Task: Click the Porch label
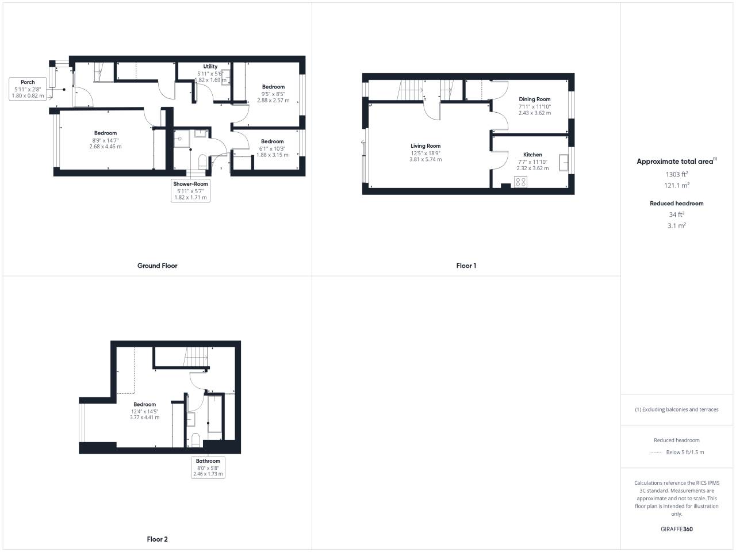pyautogui.click(x=28, y=82)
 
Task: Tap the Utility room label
pyautogui.click(x=210, y=66)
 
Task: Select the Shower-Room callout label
pyautogui.click(x=190, y=183)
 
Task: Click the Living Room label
pyautogui.click(x=425, y=146)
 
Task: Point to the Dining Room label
pyautogui.click(x=535, y=99)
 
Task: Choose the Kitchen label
pyautogui.click(x=532, y=155)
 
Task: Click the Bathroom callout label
pyautogui.click(x=208, y=461)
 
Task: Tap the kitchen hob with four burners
pyautogui.click(x=520, y=182)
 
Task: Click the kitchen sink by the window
pyautogui.click(x=563, y=163)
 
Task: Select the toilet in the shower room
pyautogui.click(x=202, y=162)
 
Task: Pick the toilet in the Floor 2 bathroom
pyautogui.click(x=195, y=440)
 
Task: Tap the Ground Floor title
pyautogui.click(x=157, y=266)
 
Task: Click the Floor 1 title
pyautogui.click(x=466, y=266)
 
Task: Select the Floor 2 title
pyautogui.click(x=157, y=539)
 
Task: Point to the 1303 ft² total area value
pyautogui.click(x=677, y=174)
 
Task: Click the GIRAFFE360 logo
pyautogui.click(x=677, y=529)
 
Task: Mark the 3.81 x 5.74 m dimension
pyautogui.click(x=425, y=159)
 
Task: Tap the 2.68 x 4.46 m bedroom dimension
pyautogui.click(x=105, y=147)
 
